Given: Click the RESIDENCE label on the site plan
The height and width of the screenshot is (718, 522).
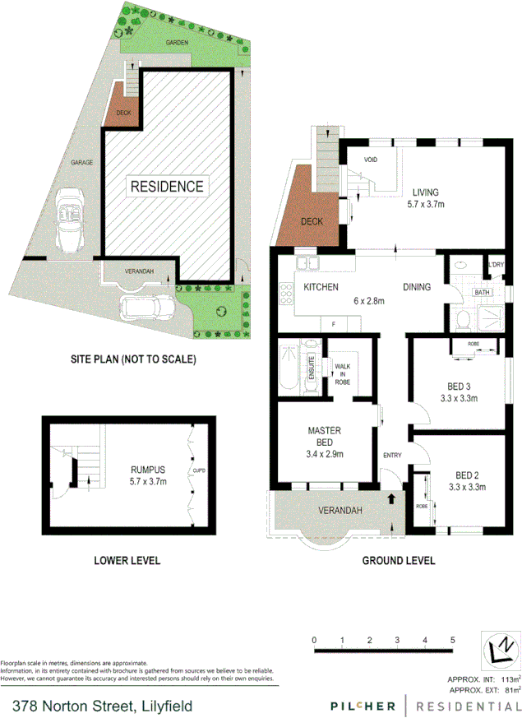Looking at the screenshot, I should (x=167, y=187).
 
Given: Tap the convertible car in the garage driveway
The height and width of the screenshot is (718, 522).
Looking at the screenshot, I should (x=69, y=221).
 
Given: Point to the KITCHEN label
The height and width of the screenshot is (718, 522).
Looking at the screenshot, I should (x=322, y=288).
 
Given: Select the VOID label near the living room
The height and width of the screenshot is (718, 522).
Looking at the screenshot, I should (x=370, y=160).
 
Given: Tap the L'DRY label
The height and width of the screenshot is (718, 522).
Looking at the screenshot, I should (x=496, y=265).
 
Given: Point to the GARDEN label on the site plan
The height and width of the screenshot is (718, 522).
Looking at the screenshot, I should (x=178, y=42).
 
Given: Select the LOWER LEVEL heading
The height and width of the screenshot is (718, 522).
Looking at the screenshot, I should (x=127, y=561).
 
